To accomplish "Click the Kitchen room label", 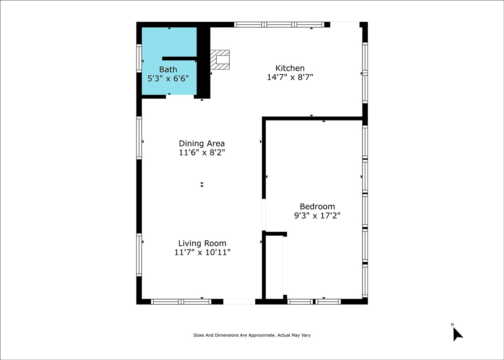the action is tap(290, 68).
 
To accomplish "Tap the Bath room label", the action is tap(168, 69).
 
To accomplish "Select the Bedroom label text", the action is tap(317, 206).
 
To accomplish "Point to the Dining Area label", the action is tap(202, 143).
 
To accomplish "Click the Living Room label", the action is tap(202, 243).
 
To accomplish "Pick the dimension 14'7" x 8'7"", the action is tap(290, 77).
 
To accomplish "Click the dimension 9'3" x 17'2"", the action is tap(317, 215).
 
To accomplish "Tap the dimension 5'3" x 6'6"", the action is tap(168, 79).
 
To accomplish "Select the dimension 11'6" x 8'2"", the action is tap(202, 152).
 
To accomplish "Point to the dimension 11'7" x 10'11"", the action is tap(202, 252).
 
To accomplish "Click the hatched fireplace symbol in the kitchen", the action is tap(220, 60).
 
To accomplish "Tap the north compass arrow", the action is tap(457, 334).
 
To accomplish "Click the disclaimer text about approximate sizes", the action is tap(252, 335).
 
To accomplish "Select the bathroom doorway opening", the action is tap(180, 97).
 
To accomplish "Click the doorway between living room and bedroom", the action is tap(264, 215).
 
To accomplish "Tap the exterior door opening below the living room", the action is tap(239, 302).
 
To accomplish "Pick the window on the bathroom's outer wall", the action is tap(139, 58).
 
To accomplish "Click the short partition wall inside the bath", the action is tap(179, 58).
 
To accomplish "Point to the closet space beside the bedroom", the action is tap(274, 268).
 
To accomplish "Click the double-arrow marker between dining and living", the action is tap(202, 184).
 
